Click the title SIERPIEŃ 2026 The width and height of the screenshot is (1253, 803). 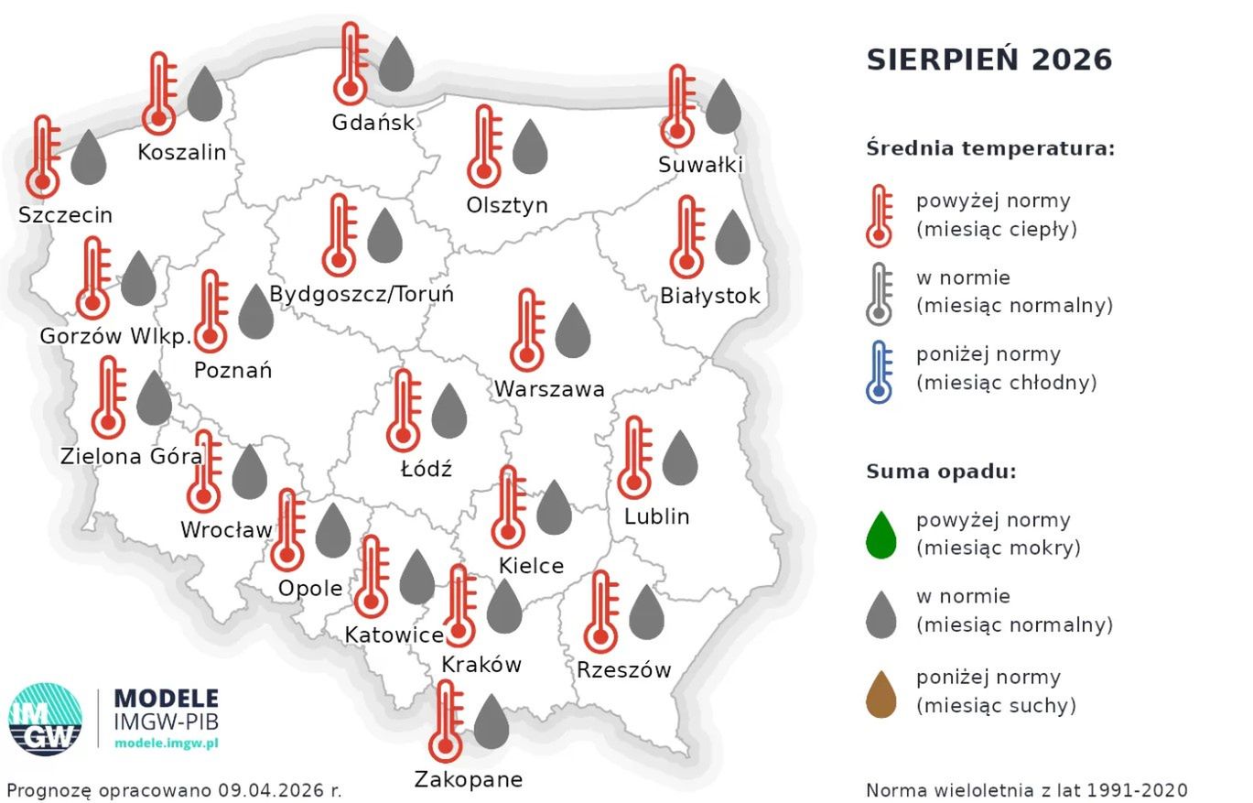pos(988,60)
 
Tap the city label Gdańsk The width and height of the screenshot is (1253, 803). pos(373,123)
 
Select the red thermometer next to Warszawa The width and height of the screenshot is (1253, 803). pos(527,330)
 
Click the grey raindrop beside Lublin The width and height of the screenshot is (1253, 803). pos(680,458)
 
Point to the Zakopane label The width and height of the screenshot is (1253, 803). pos(469,779)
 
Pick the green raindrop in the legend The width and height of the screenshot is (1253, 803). pos(880,535)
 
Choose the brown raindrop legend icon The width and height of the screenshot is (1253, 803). pos(880,693)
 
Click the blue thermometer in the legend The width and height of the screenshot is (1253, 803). pos(880,371)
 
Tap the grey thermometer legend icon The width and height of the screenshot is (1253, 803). pos(880,293)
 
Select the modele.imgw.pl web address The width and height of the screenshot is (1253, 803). pos(166,743)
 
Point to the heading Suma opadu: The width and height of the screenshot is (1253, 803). pos(941,472)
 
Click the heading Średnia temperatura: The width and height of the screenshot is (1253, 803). pos(990,148)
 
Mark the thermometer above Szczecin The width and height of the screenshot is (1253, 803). pos(43,157)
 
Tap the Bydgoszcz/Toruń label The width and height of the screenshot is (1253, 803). pos(362,295)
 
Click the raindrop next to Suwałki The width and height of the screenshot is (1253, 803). pos(723,107)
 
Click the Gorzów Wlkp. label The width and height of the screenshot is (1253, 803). pos(115,336)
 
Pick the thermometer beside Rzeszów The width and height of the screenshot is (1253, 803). pos(600,612)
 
